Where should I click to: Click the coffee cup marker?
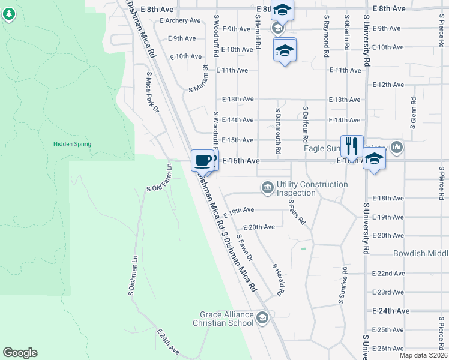coord(202,160)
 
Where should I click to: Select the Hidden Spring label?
coord(72,144)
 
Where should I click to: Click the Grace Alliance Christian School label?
coord(223,319)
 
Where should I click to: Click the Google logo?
coord(20,353)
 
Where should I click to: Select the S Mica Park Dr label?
coord(152,92)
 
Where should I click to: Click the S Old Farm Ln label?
coord(160,178)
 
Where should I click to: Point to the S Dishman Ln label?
coord(133,276)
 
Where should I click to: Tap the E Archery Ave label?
coord(180,20)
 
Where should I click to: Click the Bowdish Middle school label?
coord(420,254)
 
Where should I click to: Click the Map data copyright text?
coord(424,355)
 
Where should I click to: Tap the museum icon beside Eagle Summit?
coord(396,146)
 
